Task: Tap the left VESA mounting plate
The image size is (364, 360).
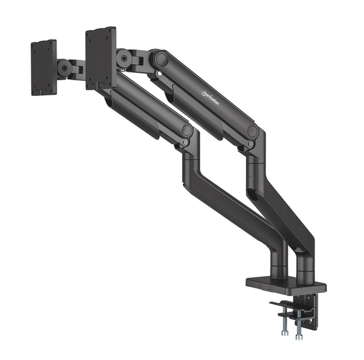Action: (43, 67)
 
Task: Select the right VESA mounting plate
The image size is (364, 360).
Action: (101, 58)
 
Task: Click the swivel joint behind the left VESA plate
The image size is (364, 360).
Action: (64, 68)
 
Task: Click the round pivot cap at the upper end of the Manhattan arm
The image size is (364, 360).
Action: (161, 59)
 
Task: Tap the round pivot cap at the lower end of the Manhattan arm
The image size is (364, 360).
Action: (253, 132)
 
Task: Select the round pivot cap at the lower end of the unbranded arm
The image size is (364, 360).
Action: (186, 130)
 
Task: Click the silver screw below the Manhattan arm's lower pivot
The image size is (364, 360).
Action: (251, 145)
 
